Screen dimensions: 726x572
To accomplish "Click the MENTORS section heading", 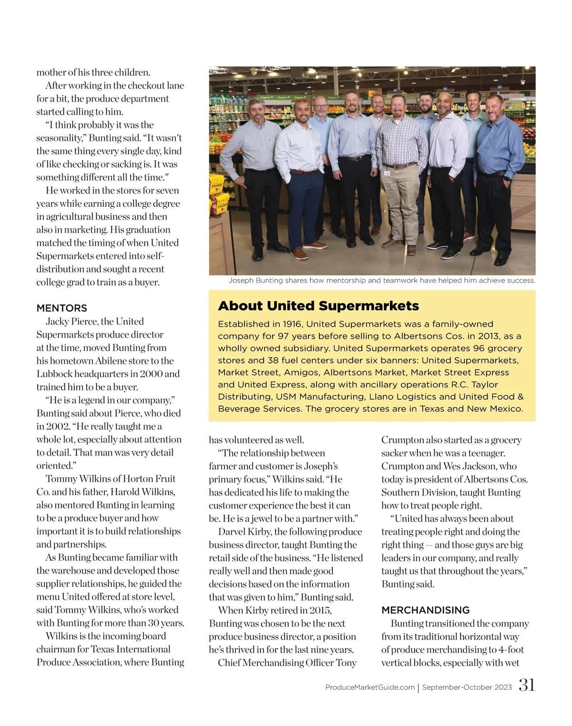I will [61, 308].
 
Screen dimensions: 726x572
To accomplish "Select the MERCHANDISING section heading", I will [425, 610].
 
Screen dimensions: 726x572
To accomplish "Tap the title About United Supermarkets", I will [318, 306].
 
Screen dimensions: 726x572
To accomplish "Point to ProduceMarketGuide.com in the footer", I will [370, 687].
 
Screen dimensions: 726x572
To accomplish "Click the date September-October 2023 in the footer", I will [467, 687].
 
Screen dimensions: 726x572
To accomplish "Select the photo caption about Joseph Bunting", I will [382, 281].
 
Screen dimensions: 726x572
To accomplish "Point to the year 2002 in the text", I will [57, 426].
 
